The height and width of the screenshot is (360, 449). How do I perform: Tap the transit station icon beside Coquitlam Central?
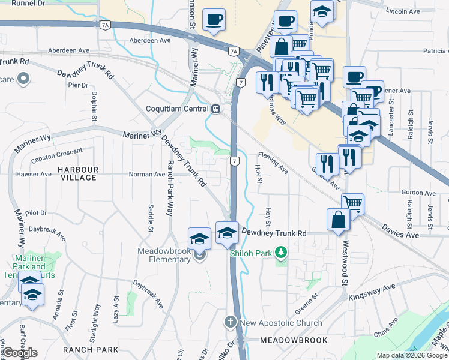215,109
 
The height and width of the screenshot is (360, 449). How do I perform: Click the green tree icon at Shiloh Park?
280,253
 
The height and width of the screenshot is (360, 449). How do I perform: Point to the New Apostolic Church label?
281,323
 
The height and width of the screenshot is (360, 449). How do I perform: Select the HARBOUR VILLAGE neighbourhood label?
78,174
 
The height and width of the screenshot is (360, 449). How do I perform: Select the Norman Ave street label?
147,175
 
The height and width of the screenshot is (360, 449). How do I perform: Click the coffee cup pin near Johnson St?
214,20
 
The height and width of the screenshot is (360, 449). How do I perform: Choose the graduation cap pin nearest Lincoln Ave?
322,11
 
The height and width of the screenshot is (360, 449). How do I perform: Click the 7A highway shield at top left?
106,25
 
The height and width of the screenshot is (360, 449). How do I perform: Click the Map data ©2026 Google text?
412,355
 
